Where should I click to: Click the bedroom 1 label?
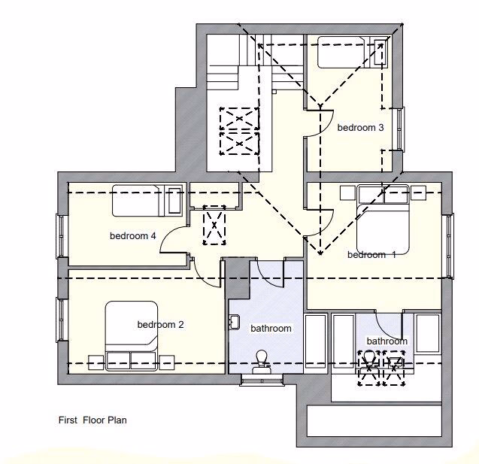point(371,255)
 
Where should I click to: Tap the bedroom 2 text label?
point(160,325)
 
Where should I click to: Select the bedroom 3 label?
point(360,128)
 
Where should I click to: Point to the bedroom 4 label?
point(133,236)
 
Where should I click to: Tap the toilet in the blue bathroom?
point(262,359)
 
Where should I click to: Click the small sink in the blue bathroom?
point(234,323)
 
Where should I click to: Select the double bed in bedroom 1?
point(383,221)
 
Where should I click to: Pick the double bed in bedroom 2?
point(132,335)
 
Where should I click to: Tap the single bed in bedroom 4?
point(147,200)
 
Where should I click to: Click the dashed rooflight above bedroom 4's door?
point(217,225)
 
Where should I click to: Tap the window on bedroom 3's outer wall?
point(401,129)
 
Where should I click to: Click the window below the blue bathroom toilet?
point(262,380)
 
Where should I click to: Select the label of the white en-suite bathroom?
point(387,341)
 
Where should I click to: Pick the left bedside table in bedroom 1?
point(347,193)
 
